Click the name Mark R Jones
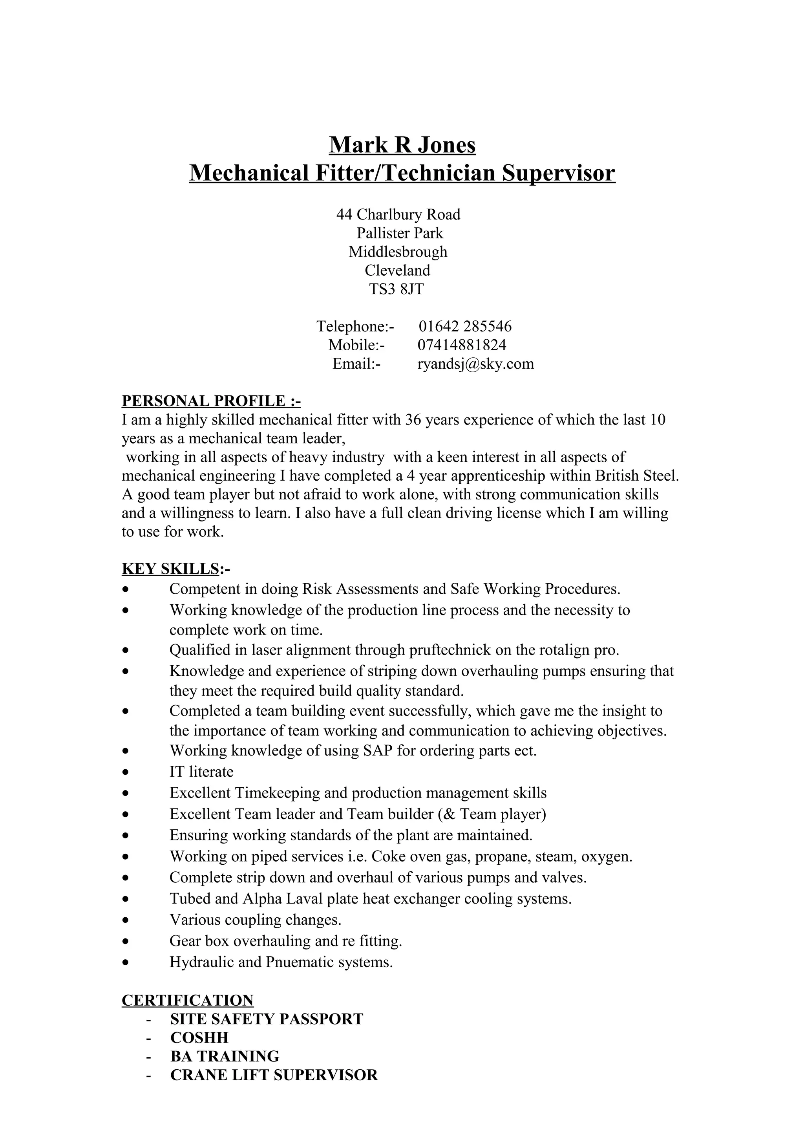pos(402,145)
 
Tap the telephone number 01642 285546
pos(465,326)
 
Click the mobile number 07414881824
pos(462,345)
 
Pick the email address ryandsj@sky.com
pos(475,364)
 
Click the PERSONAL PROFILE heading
pos(211,401)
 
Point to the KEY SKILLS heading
pos(171,569)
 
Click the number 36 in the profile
pos(413,420)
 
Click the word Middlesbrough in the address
pos(398,252)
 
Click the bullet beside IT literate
pos(127,772)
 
